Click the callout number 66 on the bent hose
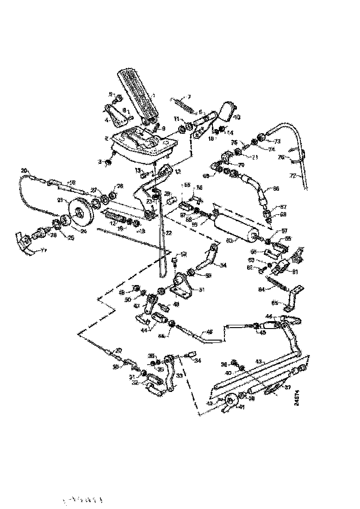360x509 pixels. [x=276, y=189]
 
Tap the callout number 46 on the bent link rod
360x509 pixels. [x=210, y=332]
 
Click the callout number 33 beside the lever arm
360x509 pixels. [x=178, y=376]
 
